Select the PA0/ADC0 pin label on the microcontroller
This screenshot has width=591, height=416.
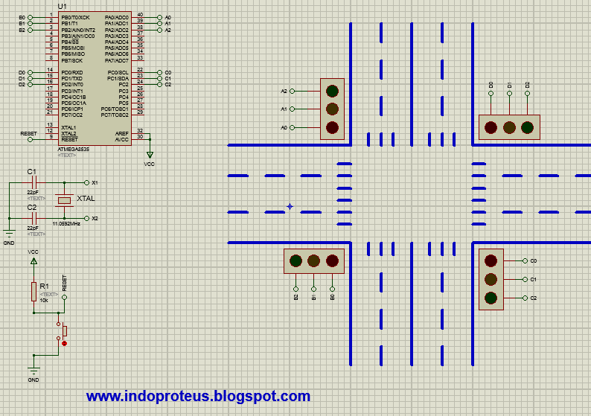pos(117,16)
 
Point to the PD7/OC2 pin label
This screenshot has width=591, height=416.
pos(72,115)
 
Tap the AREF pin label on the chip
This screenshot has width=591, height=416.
pos(122,132)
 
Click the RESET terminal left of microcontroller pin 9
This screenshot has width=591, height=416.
pos(28,133)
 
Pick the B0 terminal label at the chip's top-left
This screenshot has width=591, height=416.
pos(22,16)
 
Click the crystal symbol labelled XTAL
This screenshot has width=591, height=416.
pos(64,200)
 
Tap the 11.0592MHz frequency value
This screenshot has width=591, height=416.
pos(66,223)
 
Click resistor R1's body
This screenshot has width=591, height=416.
pos(33,292)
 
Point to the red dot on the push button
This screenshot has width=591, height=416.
pos(65,343)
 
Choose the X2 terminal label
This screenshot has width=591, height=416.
pos(95,219)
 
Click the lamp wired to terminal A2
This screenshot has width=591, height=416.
pos(332,92)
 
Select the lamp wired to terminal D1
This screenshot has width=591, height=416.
pos(509,127)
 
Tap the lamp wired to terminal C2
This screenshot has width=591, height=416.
pos(491,298)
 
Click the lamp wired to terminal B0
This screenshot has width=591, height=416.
pos(332,260)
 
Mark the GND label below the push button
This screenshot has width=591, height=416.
pos(33,380)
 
